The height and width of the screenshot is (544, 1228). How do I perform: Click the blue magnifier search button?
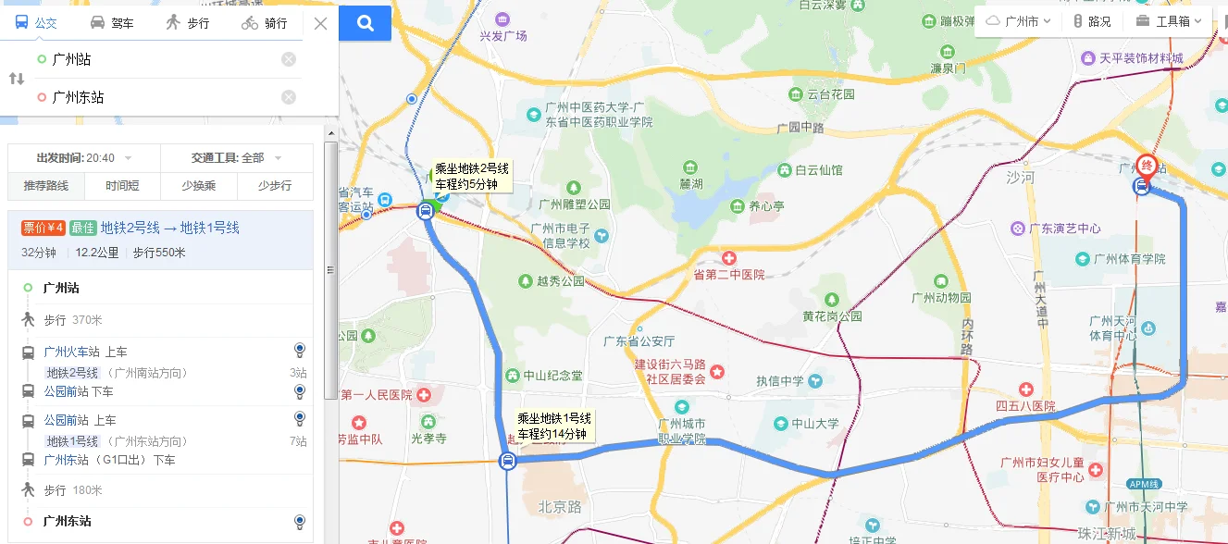(x=366, y=23)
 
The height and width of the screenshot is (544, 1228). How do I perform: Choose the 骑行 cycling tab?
(x=265, y=23)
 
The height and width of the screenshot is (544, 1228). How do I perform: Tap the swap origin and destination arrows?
(x=17, y=79)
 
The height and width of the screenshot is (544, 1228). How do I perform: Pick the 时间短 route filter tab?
(x=122, y=186)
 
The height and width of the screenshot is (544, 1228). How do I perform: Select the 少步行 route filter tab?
(x=275, y=186)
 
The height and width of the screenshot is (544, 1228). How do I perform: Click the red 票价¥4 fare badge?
(x=43, y=228)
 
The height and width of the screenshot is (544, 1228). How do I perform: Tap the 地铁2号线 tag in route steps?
(x=72, y=373)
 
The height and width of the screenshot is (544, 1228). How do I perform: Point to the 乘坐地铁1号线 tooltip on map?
(x=553, y=426)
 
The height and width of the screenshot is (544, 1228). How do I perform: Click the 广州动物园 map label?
(x=941, y=298)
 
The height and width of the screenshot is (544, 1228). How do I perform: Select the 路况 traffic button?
(x=1092, y=21)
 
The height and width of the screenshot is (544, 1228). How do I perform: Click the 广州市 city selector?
(x=1018, y=21)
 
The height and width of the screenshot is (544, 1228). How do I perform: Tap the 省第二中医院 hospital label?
(x=729, y=275)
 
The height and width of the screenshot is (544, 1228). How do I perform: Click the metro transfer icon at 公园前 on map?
(x=507, y=461)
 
